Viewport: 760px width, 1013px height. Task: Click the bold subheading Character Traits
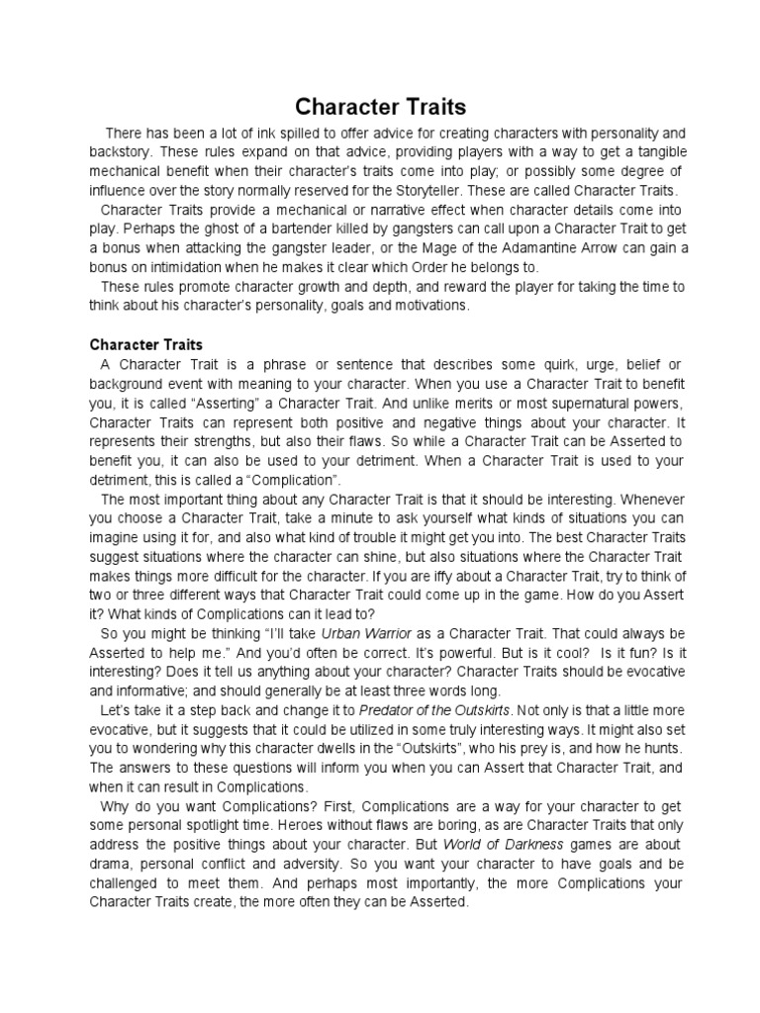tap(146, 345)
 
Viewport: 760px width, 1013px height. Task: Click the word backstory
tap(122, 152)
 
